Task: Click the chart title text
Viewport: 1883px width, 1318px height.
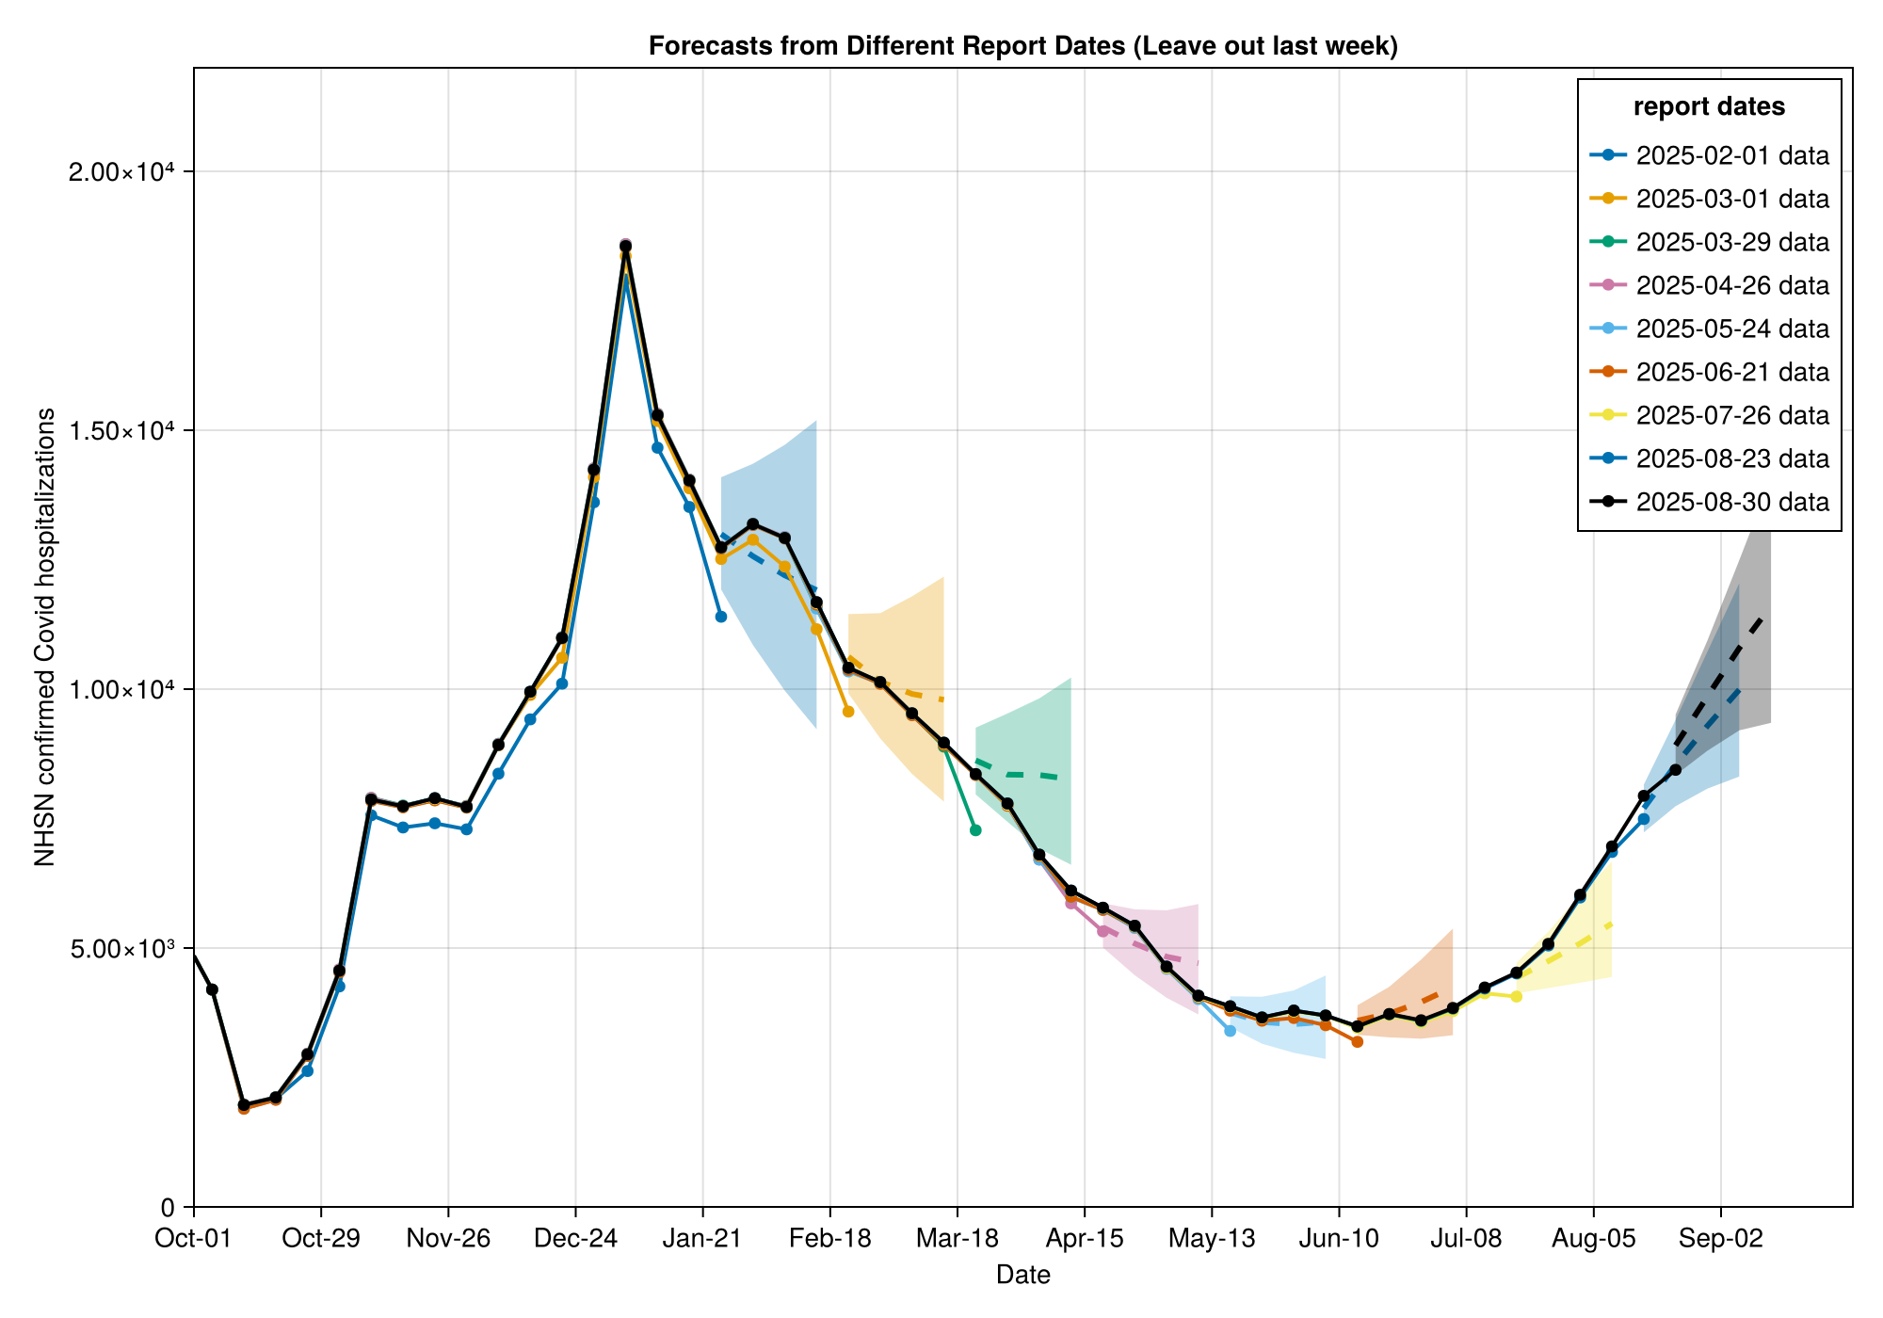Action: point(1022,45)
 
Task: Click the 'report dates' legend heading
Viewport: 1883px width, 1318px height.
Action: point(1709,106)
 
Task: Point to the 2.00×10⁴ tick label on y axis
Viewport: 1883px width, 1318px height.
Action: point(128,172)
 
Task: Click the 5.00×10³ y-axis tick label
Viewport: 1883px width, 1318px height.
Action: point(128,948)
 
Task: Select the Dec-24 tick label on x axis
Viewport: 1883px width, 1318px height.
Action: point(575,1239)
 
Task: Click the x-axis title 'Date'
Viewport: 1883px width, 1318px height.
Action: point(1022,1276)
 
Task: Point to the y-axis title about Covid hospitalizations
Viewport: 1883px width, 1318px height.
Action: point(44,637)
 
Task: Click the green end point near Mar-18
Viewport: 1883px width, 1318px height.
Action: point(975,829)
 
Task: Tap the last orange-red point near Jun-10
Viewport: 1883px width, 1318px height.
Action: point(1357,1041)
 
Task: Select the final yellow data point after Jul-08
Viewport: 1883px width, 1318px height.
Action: point(1516,996)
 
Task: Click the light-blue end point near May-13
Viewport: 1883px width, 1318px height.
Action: point(1230,1031)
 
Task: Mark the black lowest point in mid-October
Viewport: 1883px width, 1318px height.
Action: point(244,1104)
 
